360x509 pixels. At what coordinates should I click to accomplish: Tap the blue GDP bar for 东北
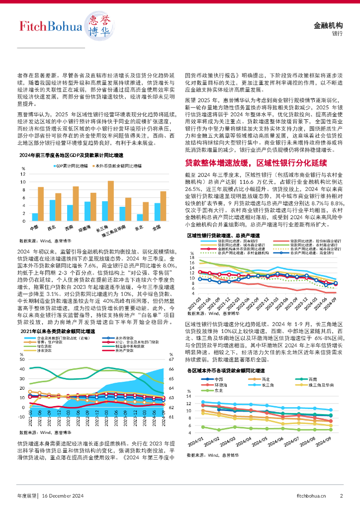tap(140, 217)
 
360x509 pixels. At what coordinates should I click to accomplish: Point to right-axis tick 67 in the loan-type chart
tap(171, 359)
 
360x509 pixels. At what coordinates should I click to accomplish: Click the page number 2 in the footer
tap(342, 495)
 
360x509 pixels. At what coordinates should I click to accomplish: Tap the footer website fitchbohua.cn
tap(311, 495)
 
